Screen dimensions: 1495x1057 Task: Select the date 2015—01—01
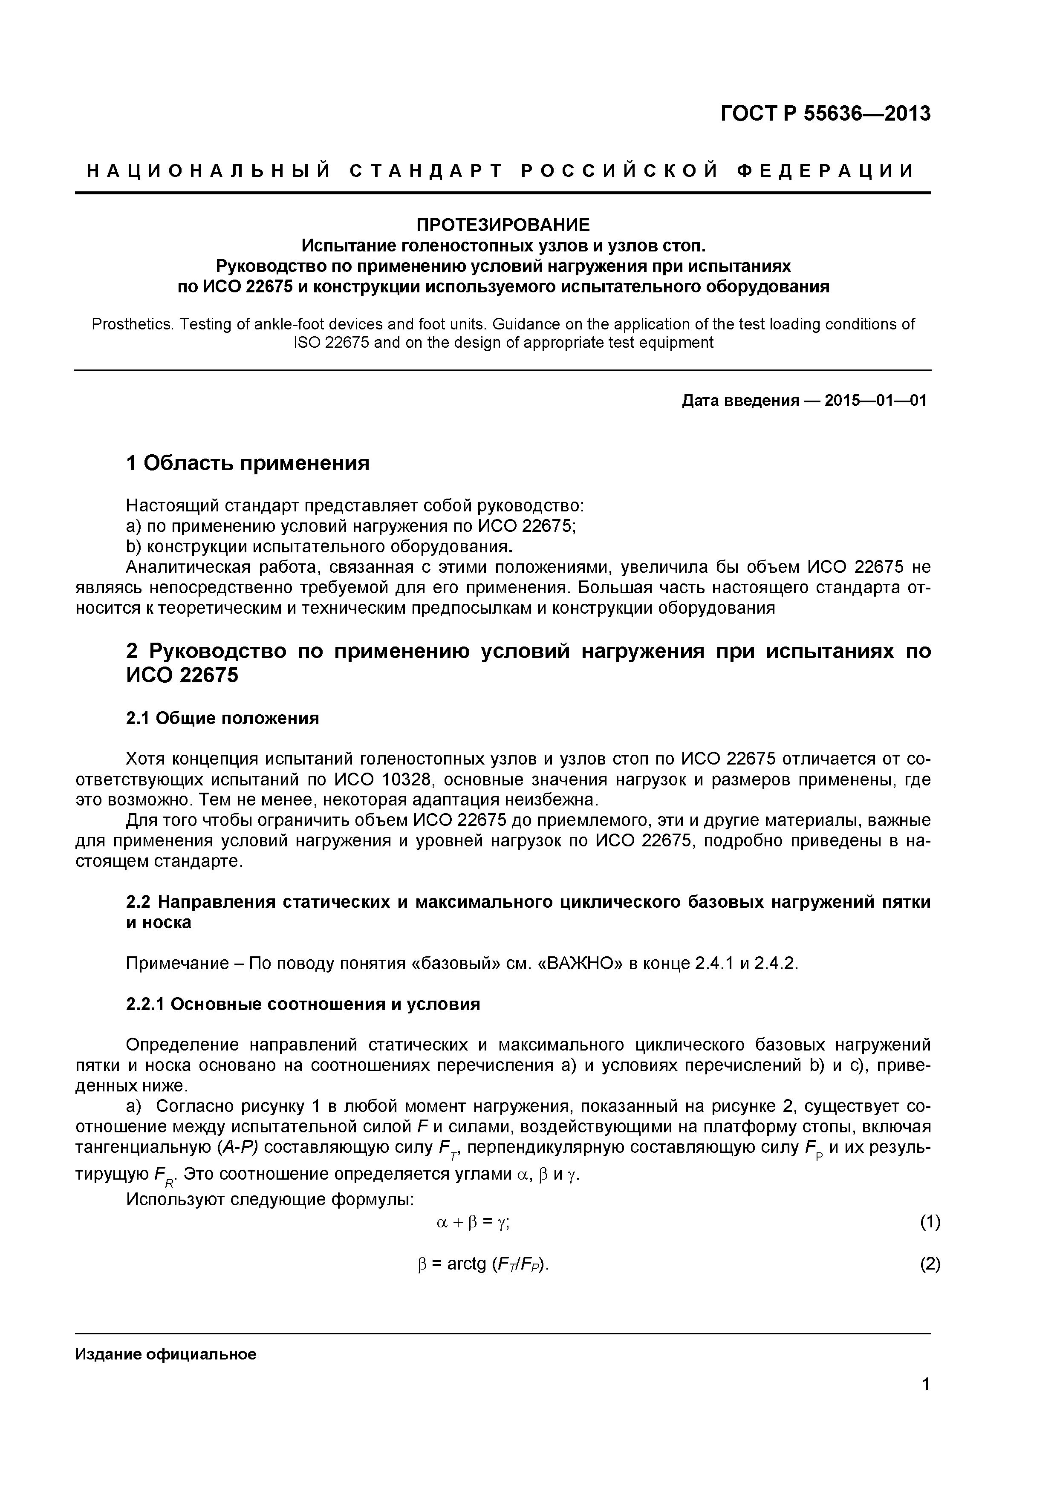point(875,401)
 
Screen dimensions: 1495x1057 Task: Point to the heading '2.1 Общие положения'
point(222,718)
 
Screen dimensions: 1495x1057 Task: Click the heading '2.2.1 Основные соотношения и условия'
point(303,1004)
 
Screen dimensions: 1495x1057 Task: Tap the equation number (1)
point(930,1222)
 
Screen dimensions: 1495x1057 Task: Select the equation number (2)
point(930,1264)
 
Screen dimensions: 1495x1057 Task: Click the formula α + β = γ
point(472,1223)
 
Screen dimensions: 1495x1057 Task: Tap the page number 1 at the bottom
point(925,1403)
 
